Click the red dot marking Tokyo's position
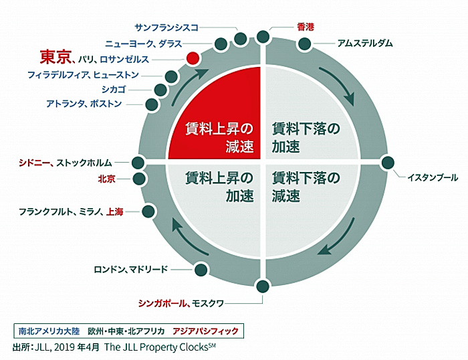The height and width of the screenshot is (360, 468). coord(193,58)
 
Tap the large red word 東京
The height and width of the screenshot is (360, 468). coord(55,57)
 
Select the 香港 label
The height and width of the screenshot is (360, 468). coord(306,27)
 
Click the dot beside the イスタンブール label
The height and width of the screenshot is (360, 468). coord(388,163)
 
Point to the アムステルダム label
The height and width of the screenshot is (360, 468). coord(365,43)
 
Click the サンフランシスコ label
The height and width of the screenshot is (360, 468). coord(166,28)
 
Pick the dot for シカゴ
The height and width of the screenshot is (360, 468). coord(160,90)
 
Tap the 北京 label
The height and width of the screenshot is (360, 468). coord(106,179)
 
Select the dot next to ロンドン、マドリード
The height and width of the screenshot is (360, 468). coord(201,270)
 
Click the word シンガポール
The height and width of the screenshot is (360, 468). coord(162,304)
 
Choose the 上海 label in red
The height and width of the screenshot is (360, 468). coord(114,212)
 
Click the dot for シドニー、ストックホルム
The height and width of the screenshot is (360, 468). coord(138,163)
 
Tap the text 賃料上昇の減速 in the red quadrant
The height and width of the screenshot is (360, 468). coord(219,137)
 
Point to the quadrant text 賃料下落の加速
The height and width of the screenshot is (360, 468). coord(306,137)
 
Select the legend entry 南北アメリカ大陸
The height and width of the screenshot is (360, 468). coord(49,331)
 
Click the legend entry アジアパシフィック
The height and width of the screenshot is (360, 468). coord(206,331)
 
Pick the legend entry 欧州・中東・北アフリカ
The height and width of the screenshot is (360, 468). coord(126,331)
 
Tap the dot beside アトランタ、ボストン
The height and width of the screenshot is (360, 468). coord(152,104)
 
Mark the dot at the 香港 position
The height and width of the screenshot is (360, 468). coord(263,36)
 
